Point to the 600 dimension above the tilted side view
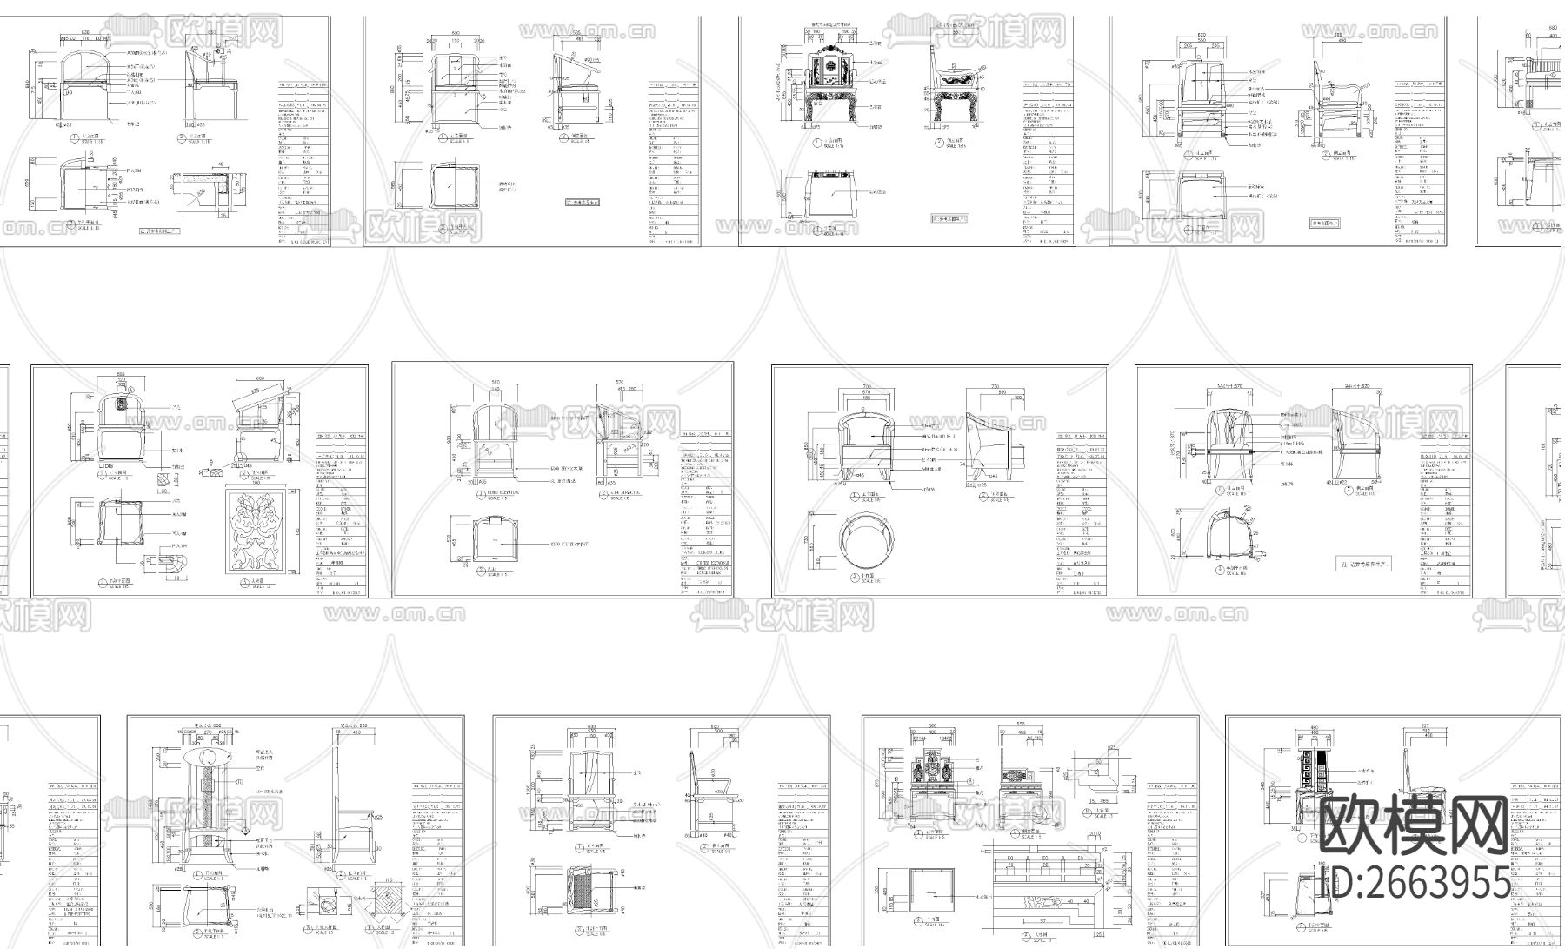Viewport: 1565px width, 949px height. coord(258,380)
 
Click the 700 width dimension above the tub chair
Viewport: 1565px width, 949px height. coord(867,386)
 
